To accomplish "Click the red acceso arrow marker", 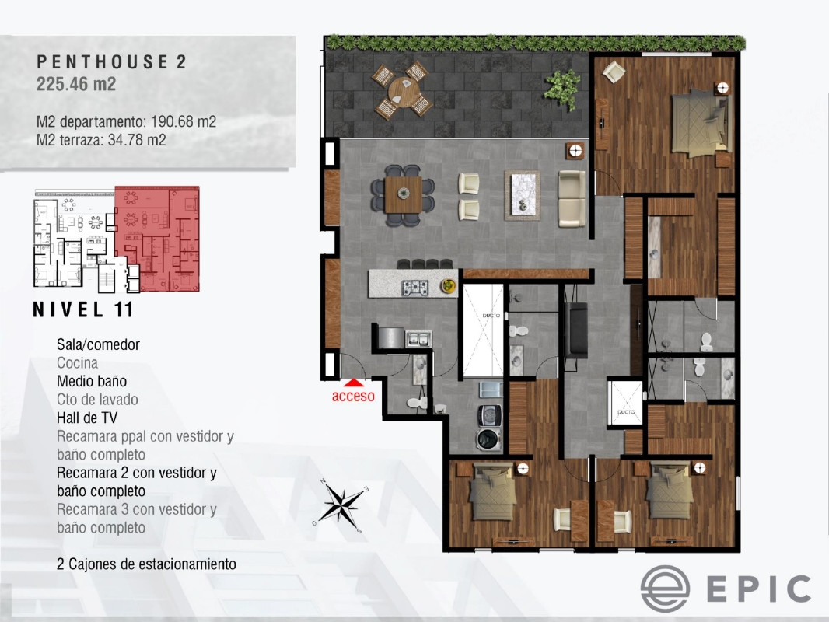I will (354, 382).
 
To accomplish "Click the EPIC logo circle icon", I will (665, 589).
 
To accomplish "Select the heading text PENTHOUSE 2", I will (111, 63).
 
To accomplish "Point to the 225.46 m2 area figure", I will (76, 85).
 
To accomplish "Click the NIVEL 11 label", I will (83, 309).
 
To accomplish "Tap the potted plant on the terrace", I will (561, 85).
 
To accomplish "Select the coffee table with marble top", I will (522, 194).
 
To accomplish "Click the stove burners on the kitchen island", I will (414, 287).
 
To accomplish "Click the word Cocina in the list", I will (78, 362).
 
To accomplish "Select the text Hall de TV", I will (87, 418).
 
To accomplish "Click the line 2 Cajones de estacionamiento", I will (146, 564).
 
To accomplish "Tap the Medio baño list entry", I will (92, 381).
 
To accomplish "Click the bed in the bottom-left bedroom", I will (491, 494).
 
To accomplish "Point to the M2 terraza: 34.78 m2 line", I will (101, 140).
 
